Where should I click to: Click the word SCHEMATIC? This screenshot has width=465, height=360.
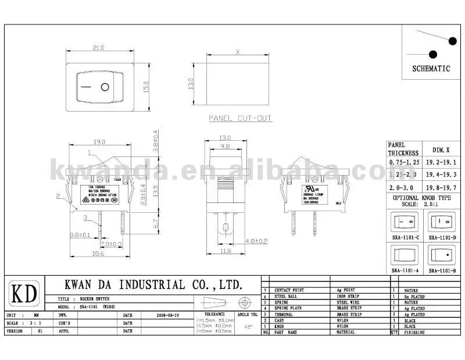tap(431, 68)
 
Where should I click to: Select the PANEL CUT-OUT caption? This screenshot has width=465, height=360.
tap(240, 118)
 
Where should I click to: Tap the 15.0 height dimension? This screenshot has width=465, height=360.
tap(147, 88)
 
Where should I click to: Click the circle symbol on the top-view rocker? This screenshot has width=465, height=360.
tap(105, 88)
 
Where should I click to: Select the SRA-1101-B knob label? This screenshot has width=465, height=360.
tap(442, 271)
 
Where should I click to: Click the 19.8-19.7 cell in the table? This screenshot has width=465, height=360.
tap(442, 188)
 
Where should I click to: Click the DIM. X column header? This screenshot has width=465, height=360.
tap(442, 149)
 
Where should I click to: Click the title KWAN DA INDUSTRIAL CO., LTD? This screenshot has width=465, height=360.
tap(152, 284)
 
